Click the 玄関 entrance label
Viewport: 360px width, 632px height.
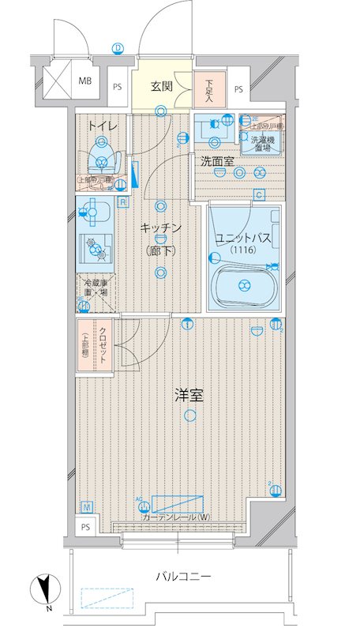tap(162, 87)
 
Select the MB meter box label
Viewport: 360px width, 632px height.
tap(84, 80)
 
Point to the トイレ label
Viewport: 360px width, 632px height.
tap(103, 126)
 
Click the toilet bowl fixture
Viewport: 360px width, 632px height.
tap(101, 157)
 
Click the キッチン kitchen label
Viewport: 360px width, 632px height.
tap(161, 228)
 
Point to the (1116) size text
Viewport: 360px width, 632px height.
tap(243, 251)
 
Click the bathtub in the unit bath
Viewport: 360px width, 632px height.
tap(244, 285)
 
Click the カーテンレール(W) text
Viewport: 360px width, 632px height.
tap(176, 517)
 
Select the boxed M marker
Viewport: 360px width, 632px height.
tap(86, 506)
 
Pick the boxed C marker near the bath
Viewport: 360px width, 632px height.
tap(258, 195)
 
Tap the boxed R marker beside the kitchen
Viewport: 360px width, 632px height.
tap(124, 201)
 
